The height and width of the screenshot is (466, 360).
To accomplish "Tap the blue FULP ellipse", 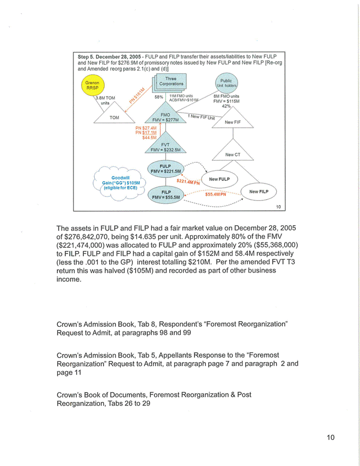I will pos(166,169).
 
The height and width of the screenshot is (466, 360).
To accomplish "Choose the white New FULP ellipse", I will pos(220,179).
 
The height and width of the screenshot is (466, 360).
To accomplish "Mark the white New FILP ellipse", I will pos(258,191).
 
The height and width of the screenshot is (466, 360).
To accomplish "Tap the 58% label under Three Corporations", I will pos(159,96).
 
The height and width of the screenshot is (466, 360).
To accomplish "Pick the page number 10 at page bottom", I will pos(329,437).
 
